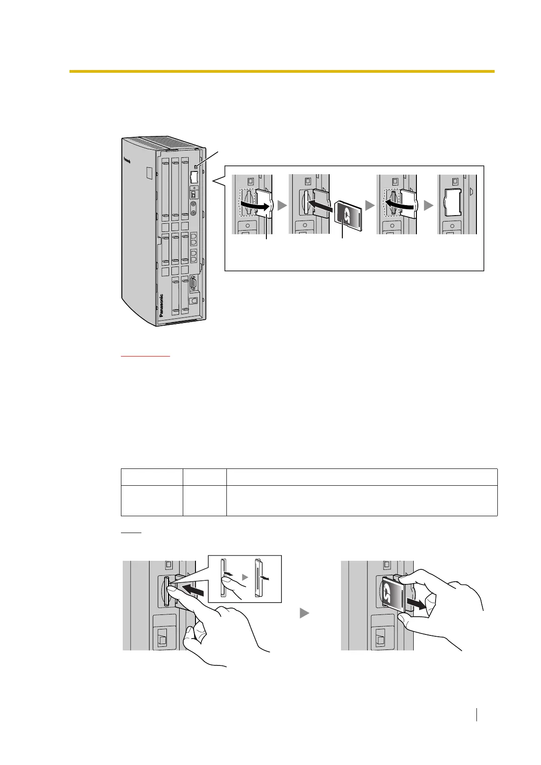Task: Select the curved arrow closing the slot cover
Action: [401, 205]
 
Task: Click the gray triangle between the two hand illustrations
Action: [304, 613]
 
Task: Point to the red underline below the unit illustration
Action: [145, 356]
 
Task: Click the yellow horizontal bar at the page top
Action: [282, 71]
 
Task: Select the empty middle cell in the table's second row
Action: [205, 500]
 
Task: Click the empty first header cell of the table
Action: [152, 477]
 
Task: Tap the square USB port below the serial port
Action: [194, 301]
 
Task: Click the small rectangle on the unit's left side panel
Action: [150, 172]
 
